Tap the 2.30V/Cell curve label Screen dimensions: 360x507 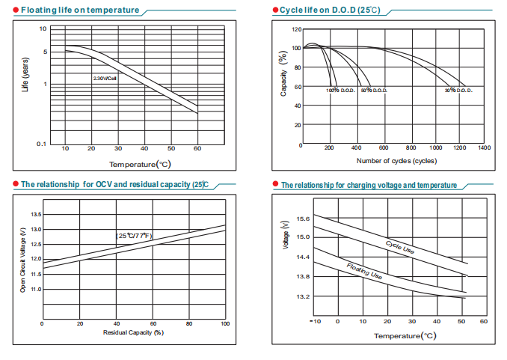pos(105,77)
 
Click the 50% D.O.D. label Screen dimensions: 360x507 pos(374,91)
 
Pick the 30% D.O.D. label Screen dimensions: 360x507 pos(458,91)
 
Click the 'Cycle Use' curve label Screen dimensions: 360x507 pos(400,248)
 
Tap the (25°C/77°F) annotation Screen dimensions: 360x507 pos(134,236)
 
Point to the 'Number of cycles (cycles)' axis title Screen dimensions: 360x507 pos(396,160)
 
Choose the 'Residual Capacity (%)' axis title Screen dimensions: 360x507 pos(133,332)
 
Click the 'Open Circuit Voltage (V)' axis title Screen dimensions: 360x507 pos(22,257)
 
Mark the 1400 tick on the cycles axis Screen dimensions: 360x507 pos(484,147)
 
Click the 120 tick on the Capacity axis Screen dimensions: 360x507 pos(297,29)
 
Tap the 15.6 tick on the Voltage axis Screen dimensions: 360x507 pos(304,219)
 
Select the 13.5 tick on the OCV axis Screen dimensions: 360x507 pos(35,215)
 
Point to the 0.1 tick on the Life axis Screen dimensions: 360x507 pos(42,144)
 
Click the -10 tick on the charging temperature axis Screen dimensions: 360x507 pos(316,321)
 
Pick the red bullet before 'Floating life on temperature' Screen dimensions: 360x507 pos(15,10)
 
